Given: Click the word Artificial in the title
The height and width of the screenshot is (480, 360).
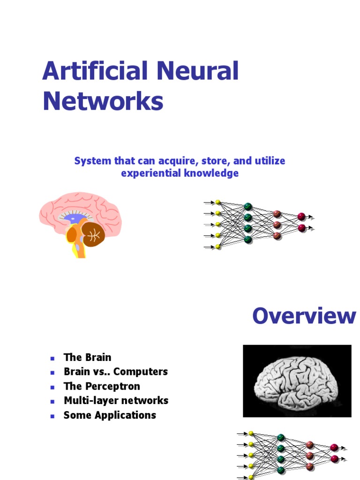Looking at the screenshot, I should click(x=92, y=72).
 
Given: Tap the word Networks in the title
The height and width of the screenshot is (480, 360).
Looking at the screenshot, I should click(x=103, y=101).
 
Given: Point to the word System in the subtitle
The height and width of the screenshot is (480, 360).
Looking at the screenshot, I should click(x=92, y=161).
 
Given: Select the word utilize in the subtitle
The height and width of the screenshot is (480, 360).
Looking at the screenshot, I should click(x=269, y=161).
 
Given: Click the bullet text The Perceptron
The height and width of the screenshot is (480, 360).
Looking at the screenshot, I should click(x=102, y=386).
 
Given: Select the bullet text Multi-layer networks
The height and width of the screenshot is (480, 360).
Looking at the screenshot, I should click(x=116, y=401).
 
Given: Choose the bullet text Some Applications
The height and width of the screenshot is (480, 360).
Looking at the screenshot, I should click(x=110, y=415).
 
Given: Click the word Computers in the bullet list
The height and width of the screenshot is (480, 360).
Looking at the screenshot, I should click(x=141, y=372).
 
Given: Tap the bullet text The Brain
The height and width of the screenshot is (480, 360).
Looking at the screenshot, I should click(x=87, y=357).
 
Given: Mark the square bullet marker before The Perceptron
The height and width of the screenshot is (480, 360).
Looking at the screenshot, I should click(x=52, y=387).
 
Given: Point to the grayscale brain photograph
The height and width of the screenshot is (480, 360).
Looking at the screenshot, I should click(x=297, y=381).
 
